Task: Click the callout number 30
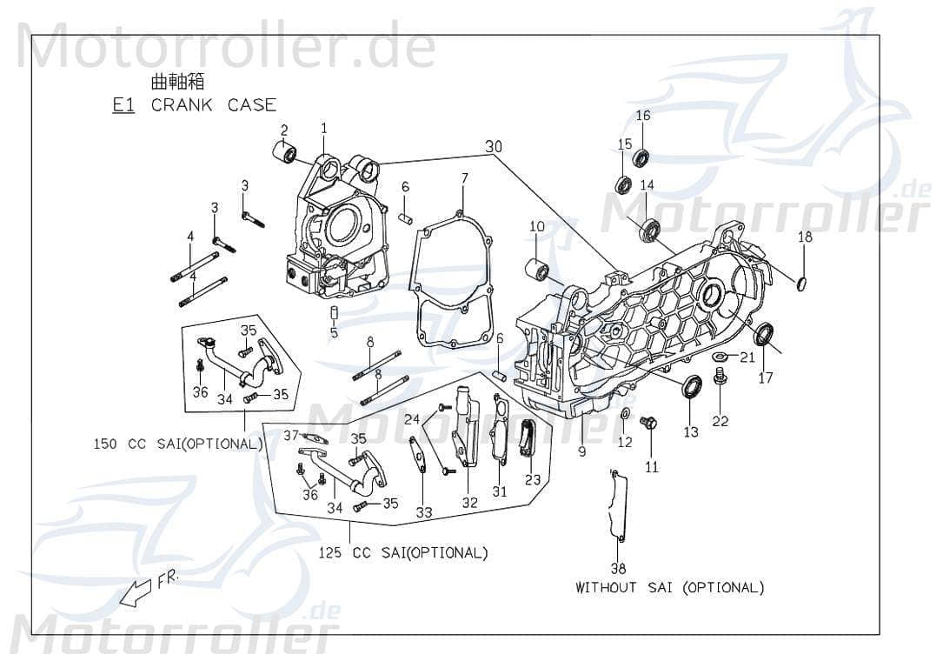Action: [x=494, y=147]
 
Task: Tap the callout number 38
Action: [x=618, y=569]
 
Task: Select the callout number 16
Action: [x=642, y=116]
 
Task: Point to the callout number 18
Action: [x=805, y=237]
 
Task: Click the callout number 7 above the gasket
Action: [x=465, y=178]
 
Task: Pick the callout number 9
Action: [x=581, y=451]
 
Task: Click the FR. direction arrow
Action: [x=137, y=594]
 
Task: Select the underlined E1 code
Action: [x=123, y=105]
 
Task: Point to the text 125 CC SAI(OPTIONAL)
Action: [x=402, y=552]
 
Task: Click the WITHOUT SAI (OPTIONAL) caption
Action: [x=669, y=587]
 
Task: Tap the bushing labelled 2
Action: [x=283, y=154]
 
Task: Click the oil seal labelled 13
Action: [x=692, y=386]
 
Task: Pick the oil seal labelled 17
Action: [x=765, y=333]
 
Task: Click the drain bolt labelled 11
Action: [x=647, y=424]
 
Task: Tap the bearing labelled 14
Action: [x=649, y=230]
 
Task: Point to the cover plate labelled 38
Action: [x=618, y=508]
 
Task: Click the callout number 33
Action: [x=423, y=512]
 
